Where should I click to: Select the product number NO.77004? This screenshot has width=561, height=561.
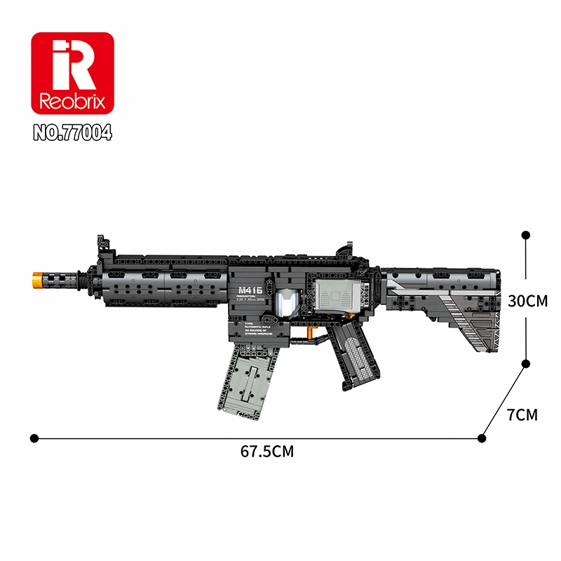(72, 132)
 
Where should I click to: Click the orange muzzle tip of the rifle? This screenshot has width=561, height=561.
(35, 278)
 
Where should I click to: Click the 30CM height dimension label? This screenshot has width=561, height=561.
(527, 301)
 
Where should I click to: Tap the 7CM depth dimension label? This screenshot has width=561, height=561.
(522, 414)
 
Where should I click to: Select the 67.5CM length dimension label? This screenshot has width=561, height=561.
(267, 452)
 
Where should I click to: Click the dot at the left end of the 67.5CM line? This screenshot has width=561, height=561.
(34, 438)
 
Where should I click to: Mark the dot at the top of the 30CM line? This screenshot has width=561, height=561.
(525, 236)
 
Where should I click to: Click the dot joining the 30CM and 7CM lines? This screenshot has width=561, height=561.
(525, 363)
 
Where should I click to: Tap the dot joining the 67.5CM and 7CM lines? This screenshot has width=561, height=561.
(481, 438)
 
